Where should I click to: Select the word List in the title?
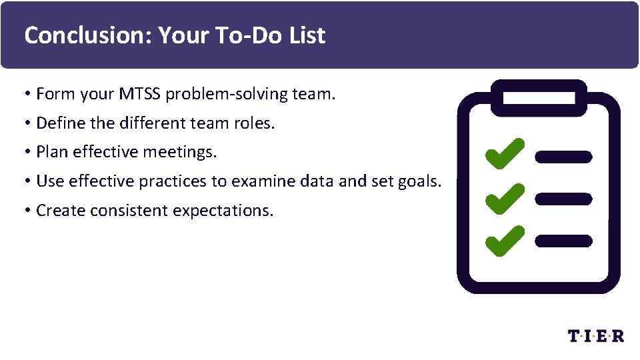(x=307, y=35)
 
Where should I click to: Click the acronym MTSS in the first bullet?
(x=140, y=94)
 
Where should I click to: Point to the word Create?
(x=59, y=211)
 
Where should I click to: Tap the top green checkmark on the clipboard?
(x=504, y=154)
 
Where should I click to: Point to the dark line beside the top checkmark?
(x=563, y=157)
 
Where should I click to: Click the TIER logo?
(x=596, y=335)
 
